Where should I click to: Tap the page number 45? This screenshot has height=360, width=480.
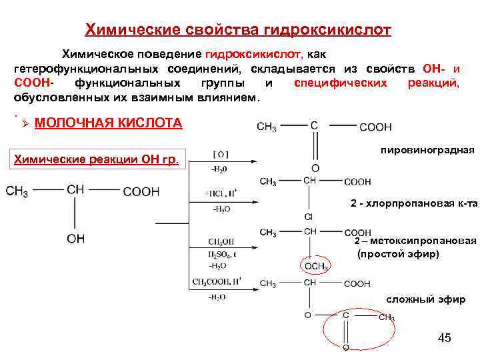tap(444, 338)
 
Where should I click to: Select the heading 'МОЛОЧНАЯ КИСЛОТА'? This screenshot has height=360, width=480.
tap(107, 123)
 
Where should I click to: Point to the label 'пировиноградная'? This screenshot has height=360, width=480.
tap(427, 151)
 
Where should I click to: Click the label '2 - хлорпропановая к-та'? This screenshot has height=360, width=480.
tap(413, 203)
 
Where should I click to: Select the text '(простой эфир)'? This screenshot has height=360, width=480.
tap(398, 254)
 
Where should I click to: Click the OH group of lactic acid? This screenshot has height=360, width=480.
tap(76, 239)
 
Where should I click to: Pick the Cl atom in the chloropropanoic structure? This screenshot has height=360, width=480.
tap(309, 217)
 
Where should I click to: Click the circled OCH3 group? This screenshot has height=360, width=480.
tap(315, 266)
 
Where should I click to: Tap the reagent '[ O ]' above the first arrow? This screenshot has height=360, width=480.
tap(220, 155)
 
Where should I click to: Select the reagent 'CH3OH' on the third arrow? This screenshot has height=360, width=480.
tap(220, 241)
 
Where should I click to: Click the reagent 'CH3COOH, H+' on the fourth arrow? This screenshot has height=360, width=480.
tap(219, 282)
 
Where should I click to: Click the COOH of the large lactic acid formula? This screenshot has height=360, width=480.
tap(141, 192)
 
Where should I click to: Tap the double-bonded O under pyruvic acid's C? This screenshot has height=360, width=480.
tap(315, 168)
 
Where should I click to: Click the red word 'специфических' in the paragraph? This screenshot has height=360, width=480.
tap(340, 83)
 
